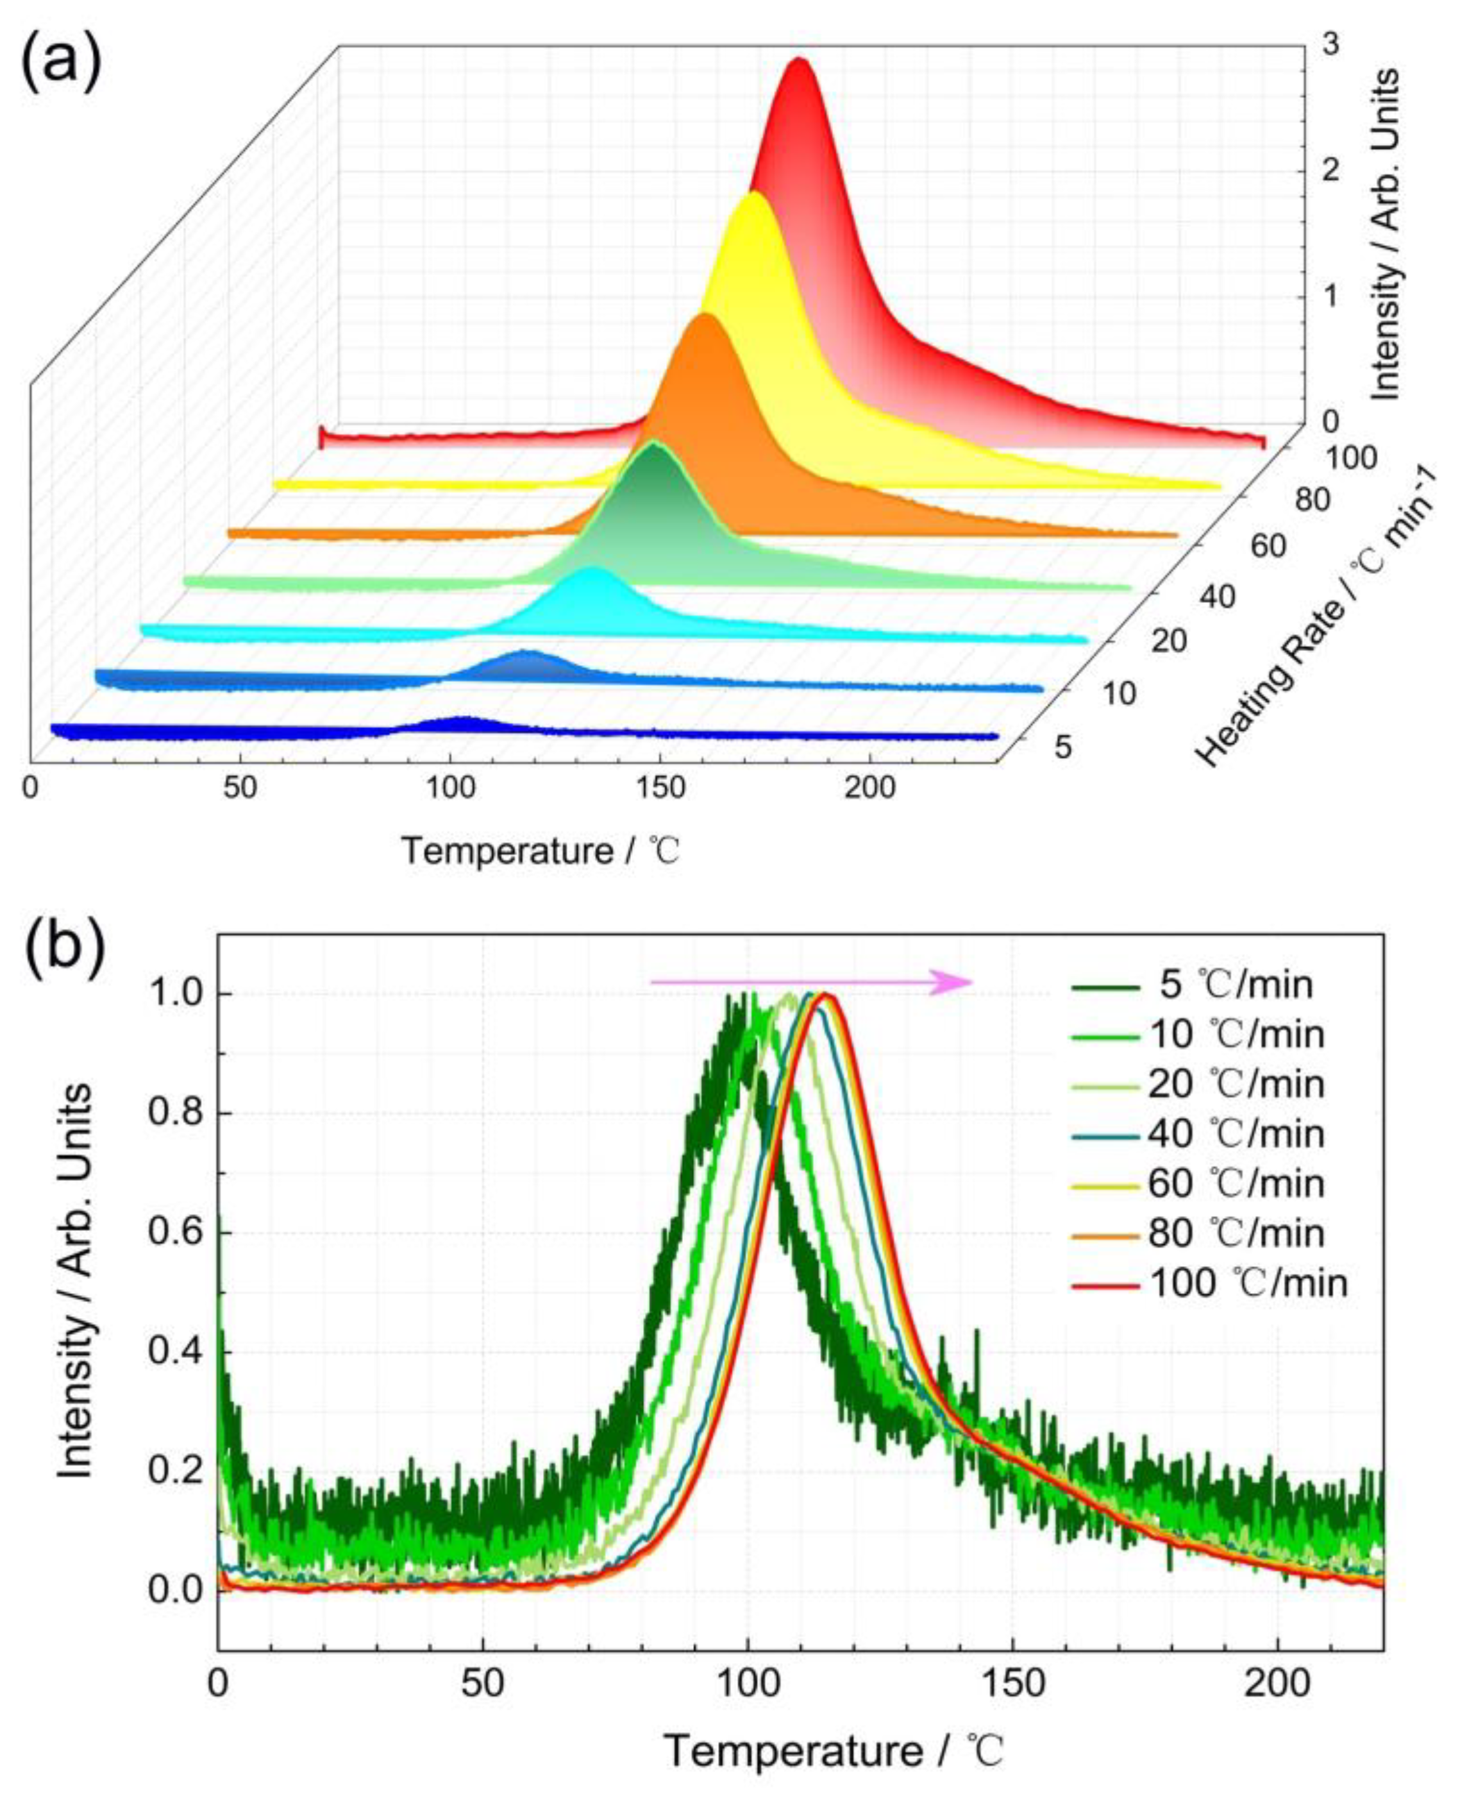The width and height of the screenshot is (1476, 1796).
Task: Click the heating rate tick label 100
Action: click(1348, 459)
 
